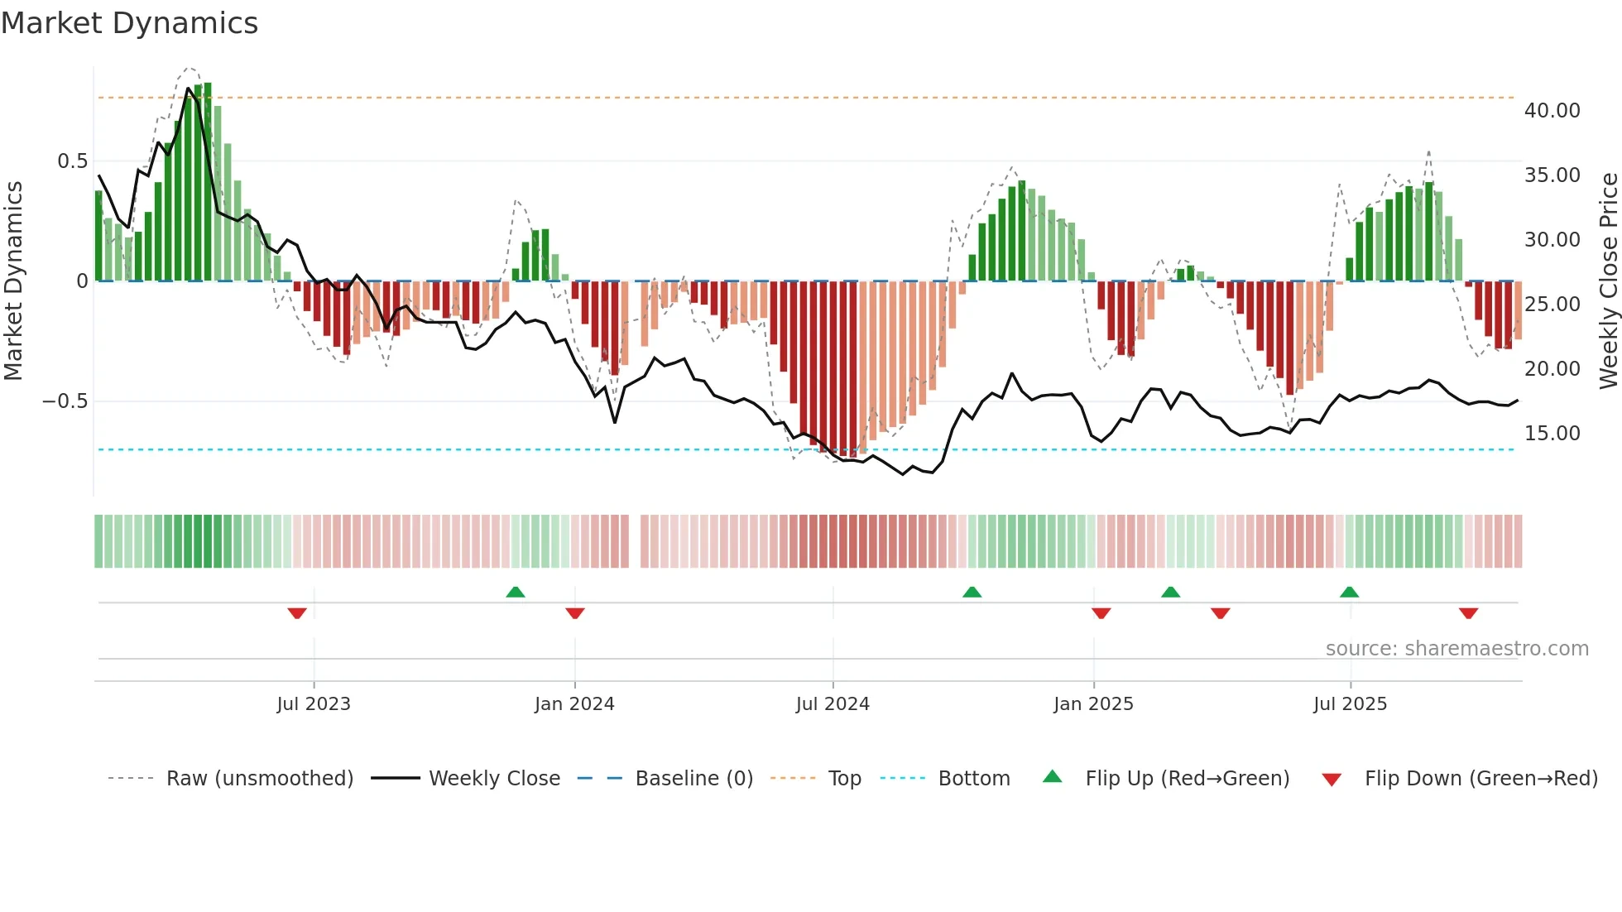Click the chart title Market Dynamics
pyautogui.click(x=129, y=23)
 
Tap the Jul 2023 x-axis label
pyautogui.click(x=314, y=704)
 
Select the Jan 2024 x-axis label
pyautogui.click(x=574, y=704)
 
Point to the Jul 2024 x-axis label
pyautogui.click(x=833, y=704)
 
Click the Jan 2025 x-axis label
pyautogui.click(x=1093, y=704)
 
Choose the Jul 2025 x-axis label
pyautogui.click(x=1350, y=704)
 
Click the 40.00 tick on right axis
pyautogui.click(x=1552, y=111)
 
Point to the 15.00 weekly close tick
pyautogui.click(x=1552, y=434)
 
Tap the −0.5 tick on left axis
pyautogui.click(x=65, y=401)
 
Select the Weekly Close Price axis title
pyautogui.click(x=1608, y=281)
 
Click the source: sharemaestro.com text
pyautogui.click(x=1456, y=649)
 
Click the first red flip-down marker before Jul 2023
pyautogui.click(x=297, y=613)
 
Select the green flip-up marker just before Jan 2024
pyautogui.click(x=516, y=592)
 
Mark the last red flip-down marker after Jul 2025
pyautogui.click(x=1468, y=613)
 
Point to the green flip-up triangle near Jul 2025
pyautogui.click(x=1349, y=592)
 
